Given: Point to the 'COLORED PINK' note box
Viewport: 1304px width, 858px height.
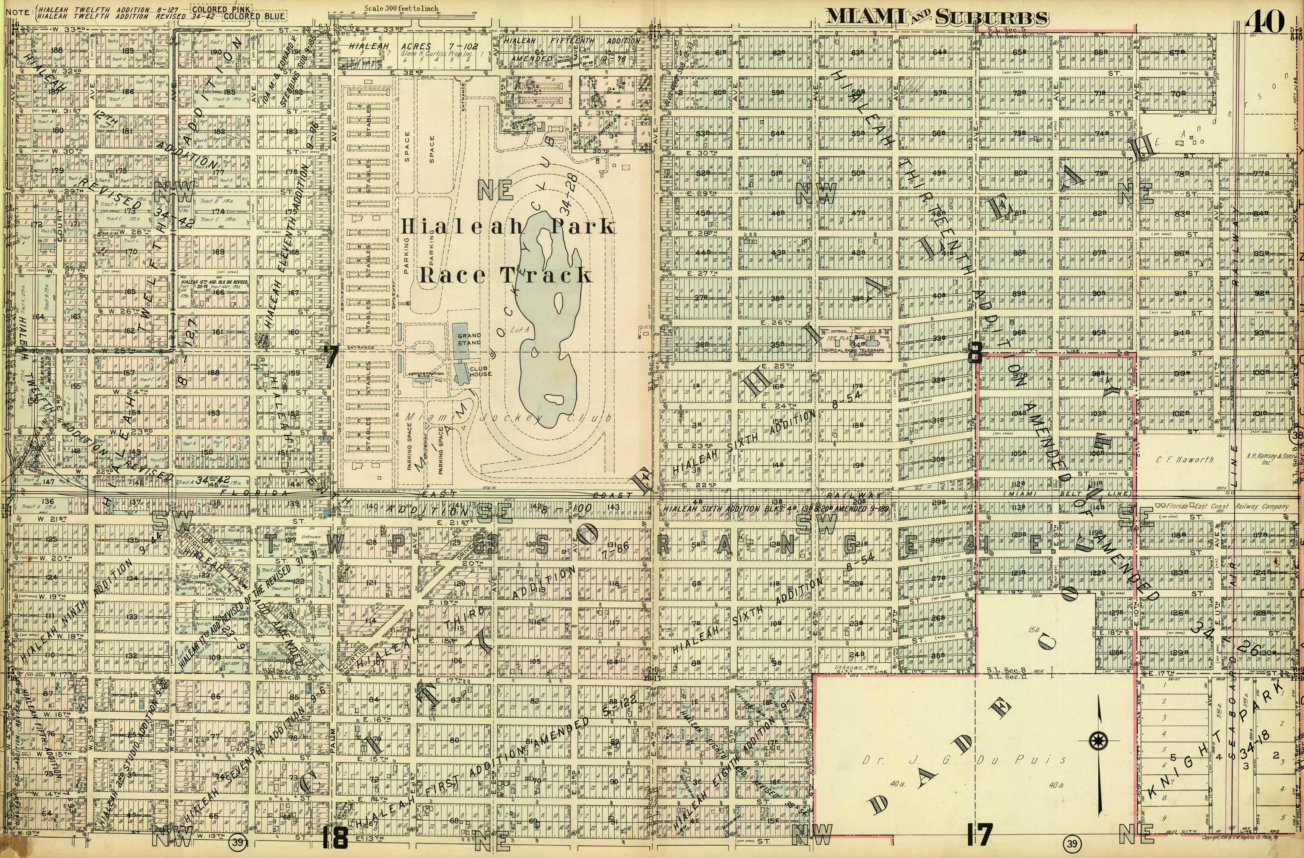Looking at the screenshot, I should [x=221, y=9].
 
